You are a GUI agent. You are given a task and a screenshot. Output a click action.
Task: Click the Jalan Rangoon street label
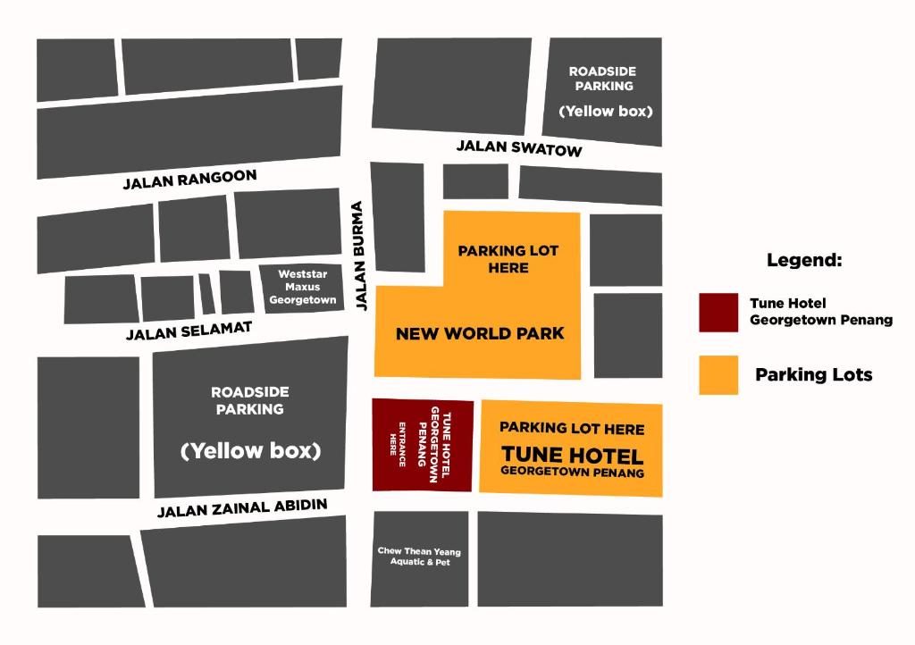click(x=189, y=180)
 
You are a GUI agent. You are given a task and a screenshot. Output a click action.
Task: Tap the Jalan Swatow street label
click(x=518, y=147)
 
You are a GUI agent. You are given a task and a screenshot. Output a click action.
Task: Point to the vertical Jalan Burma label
click(x=360, y=255)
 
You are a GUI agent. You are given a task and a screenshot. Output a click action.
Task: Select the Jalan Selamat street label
click(x=189, y=331)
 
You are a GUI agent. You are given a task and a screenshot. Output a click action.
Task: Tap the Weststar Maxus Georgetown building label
click(x=302, y=288)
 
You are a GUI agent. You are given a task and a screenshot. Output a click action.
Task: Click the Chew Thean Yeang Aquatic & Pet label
click(x=419, y=557)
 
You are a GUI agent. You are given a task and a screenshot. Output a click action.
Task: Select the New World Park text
click(x=480, y=334)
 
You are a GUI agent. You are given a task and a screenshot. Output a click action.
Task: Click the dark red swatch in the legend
click(x=718, y=313)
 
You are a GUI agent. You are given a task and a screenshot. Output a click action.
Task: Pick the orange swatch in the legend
click(x=718, y=375)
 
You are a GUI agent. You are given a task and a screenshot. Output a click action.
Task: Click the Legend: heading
click(x=804, y=261)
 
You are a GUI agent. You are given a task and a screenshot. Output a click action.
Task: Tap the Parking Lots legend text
click(x=813, y=375)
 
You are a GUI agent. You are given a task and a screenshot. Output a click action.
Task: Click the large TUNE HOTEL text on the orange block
click(x=572, y=455)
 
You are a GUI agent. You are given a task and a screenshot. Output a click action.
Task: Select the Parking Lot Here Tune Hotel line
click(x=572, y=429)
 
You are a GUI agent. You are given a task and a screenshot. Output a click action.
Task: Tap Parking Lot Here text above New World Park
click(x=508, y=259)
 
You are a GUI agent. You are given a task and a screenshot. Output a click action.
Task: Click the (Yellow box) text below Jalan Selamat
click(x=250, y=451)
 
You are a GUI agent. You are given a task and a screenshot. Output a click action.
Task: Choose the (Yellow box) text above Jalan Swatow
click(x=605, y=112)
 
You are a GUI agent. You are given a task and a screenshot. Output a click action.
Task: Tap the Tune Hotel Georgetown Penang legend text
click(x=820, y=312)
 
